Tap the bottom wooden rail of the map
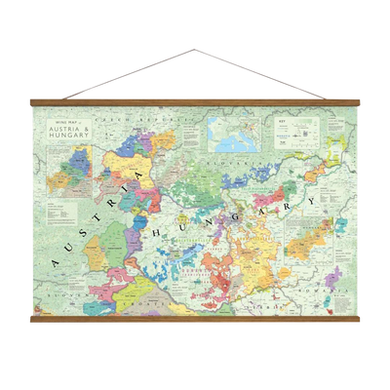click(x=195, y=319)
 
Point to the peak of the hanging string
click(x=195, y=47)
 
